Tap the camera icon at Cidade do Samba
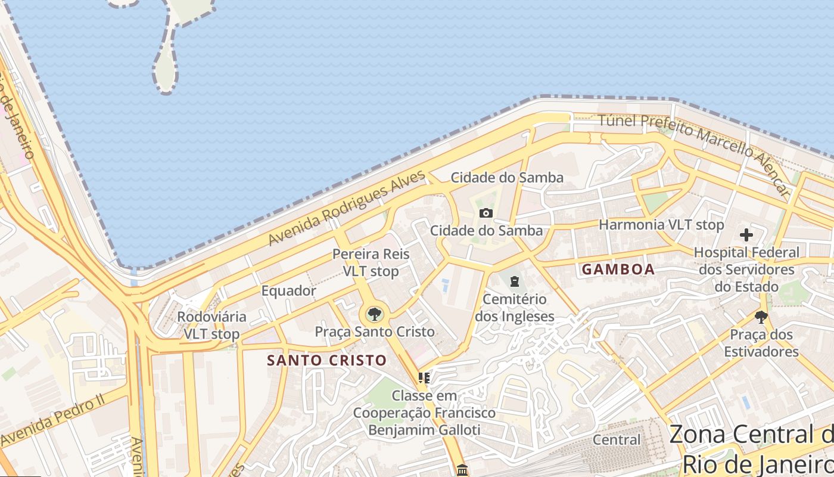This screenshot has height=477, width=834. [486, 213]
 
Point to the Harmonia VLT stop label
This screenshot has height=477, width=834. [661, 225]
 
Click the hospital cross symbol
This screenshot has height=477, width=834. [746, 235]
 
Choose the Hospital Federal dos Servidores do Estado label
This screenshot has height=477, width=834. [746, 270]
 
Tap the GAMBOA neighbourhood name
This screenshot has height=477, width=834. [618, 270]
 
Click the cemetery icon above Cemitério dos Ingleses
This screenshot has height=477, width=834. [514, 281]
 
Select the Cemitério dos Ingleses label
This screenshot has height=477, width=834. [515, 308]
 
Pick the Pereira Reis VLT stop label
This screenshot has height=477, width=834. [371, 262]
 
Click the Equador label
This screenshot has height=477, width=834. [289, 291]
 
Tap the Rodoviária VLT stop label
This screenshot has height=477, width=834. [211, 325]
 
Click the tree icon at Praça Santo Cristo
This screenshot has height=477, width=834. [374, 314]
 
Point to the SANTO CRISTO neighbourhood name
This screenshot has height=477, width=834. [327, 361]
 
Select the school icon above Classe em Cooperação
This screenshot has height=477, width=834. [424, 377]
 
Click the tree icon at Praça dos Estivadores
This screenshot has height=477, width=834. [761, 317]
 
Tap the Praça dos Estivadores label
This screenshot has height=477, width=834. [761, 343]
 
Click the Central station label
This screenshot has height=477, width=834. [617, 440]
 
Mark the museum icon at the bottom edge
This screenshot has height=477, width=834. [462, 470]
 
